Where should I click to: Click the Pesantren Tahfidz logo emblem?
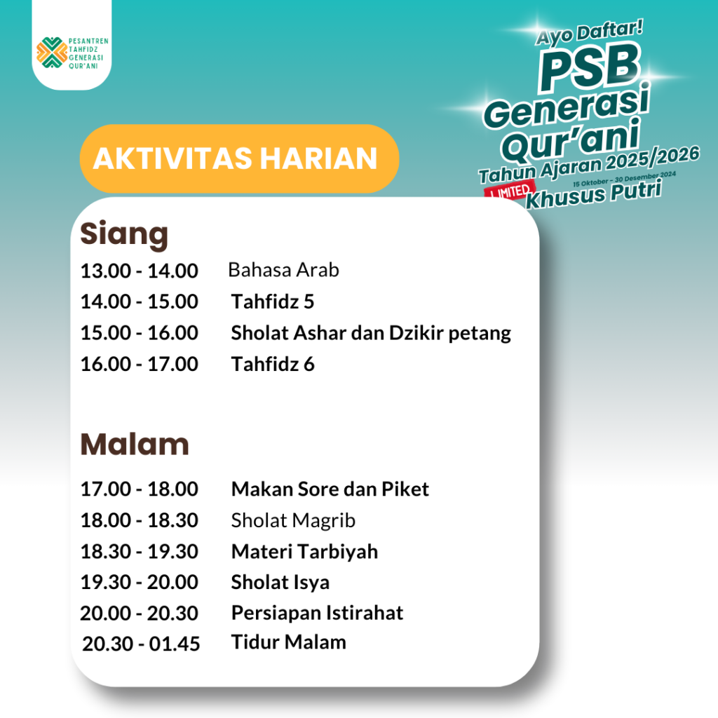coord(52,53)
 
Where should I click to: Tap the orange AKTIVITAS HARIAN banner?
coord(239,158)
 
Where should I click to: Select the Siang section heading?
coord(124,235)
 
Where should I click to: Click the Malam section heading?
coord(135,444)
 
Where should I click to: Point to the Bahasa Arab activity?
coord(283,270)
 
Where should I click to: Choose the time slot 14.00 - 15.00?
coord(140,302)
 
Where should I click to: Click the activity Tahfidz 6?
coord(273,364)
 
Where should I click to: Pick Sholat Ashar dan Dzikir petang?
coord(371,333)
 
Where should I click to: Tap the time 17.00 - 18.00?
coord(140,489)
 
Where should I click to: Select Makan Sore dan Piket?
coord(330,489)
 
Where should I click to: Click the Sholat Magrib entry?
coord(293,521)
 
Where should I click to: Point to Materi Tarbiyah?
coord(304,552)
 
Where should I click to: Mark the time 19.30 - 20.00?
coord(140,582)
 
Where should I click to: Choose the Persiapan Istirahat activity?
coord(318,613)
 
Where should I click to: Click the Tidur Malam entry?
coord(288,642)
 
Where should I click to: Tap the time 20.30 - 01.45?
coord(141,644)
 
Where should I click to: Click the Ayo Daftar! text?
coord(589,33)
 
